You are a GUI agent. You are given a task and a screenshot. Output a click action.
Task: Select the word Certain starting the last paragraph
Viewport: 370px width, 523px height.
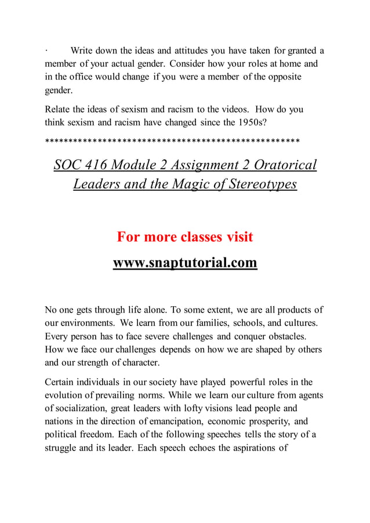[61, 382]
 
